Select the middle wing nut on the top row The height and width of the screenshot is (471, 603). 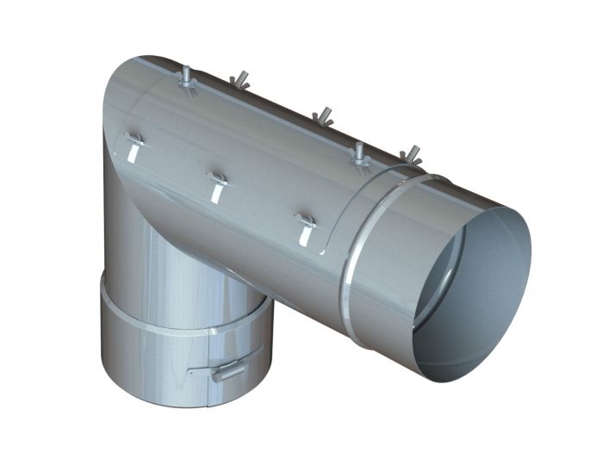[323, 116]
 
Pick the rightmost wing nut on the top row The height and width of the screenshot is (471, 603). [411, 156]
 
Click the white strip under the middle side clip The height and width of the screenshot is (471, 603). [215, 193]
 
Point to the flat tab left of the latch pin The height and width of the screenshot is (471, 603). [200, 371]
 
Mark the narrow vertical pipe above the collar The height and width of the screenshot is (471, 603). [172, 267]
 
